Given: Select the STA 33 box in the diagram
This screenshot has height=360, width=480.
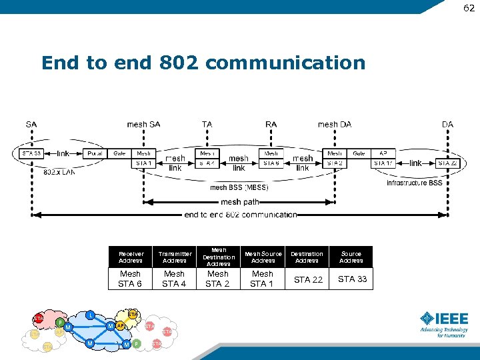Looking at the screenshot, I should pos(31,153).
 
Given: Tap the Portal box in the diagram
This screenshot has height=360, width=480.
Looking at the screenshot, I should pos(95,153).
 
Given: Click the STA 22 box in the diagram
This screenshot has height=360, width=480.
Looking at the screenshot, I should pos(447,163).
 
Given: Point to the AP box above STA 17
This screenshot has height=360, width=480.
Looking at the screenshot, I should pos(383,153).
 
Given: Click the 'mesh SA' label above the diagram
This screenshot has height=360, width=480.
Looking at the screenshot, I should pos(143,124).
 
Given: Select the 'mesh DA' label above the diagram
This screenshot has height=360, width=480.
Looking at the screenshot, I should pos(334,124).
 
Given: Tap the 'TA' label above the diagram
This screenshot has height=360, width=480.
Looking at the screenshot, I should pos(207,124).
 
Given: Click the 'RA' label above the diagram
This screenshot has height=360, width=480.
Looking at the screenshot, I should pos(271,124).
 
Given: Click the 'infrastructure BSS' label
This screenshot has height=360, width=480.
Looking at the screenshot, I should pos(414,183).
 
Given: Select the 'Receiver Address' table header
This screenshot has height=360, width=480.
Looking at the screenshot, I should pos(131,257).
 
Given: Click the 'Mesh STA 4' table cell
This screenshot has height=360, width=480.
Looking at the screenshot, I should pos(174,279).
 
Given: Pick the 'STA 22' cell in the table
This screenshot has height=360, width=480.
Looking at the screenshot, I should pos(307,279).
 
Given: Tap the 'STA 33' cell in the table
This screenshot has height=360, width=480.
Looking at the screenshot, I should pos(352,279).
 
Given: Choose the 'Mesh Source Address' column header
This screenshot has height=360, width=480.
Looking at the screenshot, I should pos(263,257).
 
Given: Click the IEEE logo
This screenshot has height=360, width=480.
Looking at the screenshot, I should pos(443,323).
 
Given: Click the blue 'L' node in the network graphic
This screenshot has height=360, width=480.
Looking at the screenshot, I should pos(89,314).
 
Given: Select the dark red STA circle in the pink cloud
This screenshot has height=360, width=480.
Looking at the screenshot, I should pos(39,319).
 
